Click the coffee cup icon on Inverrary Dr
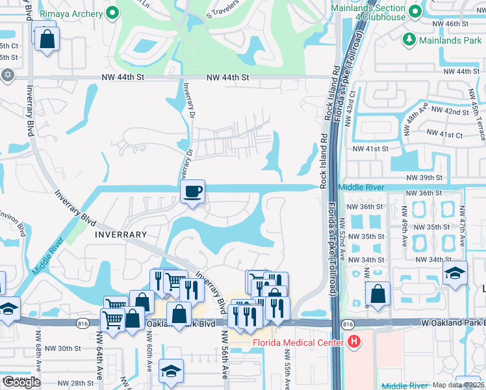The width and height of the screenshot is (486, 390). point(192,192)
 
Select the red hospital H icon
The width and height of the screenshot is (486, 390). point(354,341)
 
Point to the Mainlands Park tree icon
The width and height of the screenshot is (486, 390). point(409,40)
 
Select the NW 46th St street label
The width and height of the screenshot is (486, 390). point(459,23)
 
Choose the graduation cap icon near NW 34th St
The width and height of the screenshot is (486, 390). point(455,273)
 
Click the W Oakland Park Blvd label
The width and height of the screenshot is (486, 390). point(452,323)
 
